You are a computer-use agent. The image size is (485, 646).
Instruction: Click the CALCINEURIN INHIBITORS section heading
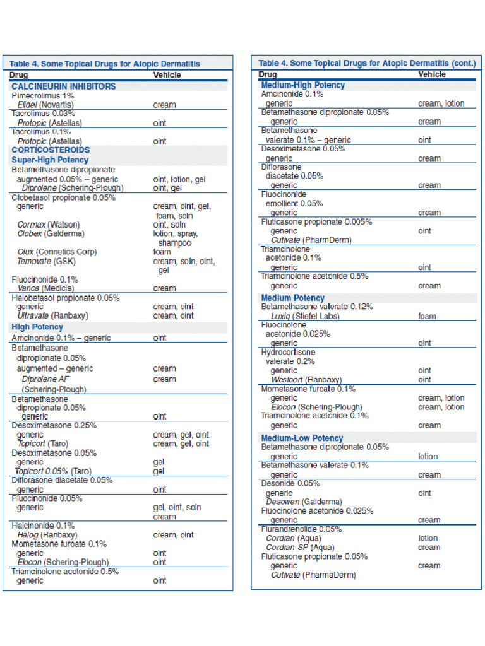(x=63, y=86)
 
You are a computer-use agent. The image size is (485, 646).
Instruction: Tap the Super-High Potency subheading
(x=50, y=160)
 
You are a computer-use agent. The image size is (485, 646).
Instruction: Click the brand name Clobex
(x=30, y=233)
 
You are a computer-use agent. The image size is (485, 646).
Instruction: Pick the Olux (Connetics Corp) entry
(x=57, y=252)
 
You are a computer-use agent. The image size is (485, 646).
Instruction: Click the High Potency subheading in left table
(x=37, y=327)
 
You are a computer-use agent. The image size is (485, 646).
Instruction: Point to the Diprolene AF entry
(x=45, y=379)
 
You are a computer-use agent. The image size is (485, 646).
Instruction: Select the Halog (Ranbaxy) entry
(x=49, y=535)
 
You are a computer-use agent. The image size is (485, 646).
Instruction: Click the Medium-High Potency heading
(x=302, y=85)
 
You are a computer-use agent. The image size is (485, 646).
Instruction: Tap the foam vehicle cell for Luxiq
(x=427, y=316)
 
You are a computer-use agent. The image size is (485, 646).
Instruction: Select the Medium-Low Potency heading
(x=302, y=438)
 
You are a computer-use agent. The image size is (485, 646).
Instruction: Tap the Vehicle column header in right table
(x=432, y=74)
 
